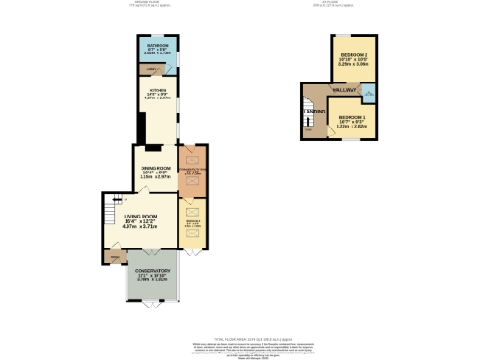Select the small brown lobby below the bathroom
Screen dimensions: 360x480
pos(150,70)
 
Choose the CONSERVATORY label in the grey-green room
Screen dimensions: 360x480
pos(151,275)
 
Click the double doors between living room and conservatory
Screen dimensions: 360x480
pos(151,249)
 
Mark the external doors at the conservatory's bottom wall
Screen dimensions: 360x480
pos(151,304)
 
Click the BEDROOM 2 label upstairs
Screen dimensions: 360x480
pos(352,59)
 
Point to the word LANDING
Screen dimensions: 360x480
pos(314,112)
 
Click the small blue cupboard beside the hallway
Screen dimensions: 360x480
pos(368,92)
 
